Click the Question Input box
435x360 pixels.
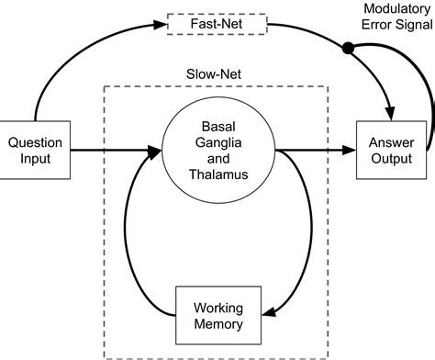coord(34,150)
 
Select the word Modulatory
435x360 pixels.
coord(392,8)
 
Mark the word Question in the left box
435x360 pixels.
coord(34,141)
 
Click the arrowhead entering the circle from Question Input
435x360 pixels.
coord(158,148)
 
